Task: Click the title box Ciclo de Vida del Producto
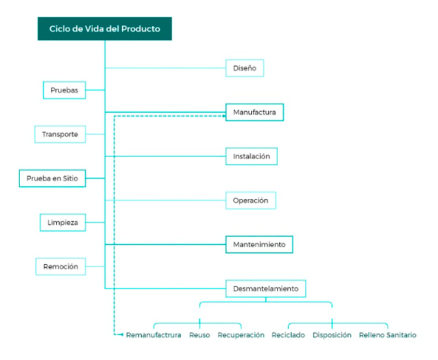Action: click(105, 29)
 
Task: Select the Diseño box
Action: click(244, 68)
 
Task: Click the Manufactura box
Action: click(255, 112)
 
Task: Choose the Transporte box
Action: click(60, 134)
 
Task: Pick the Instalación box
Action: click(251, 156)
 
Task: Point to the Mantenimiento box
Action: click(259, 244)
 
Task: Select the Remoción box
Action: click(60, 266)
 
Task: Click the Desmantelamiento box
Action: click(266, 288)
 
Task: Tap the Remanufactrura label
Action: click(154, 335)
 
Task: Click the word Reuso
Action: click(200, 335)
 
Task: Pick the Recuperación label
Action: click(241, 335)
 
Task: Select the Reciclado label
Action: click(288, 335)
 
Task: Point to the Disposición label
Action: click(332, 335)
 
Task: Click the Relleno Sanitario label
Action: click(387, 335)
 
